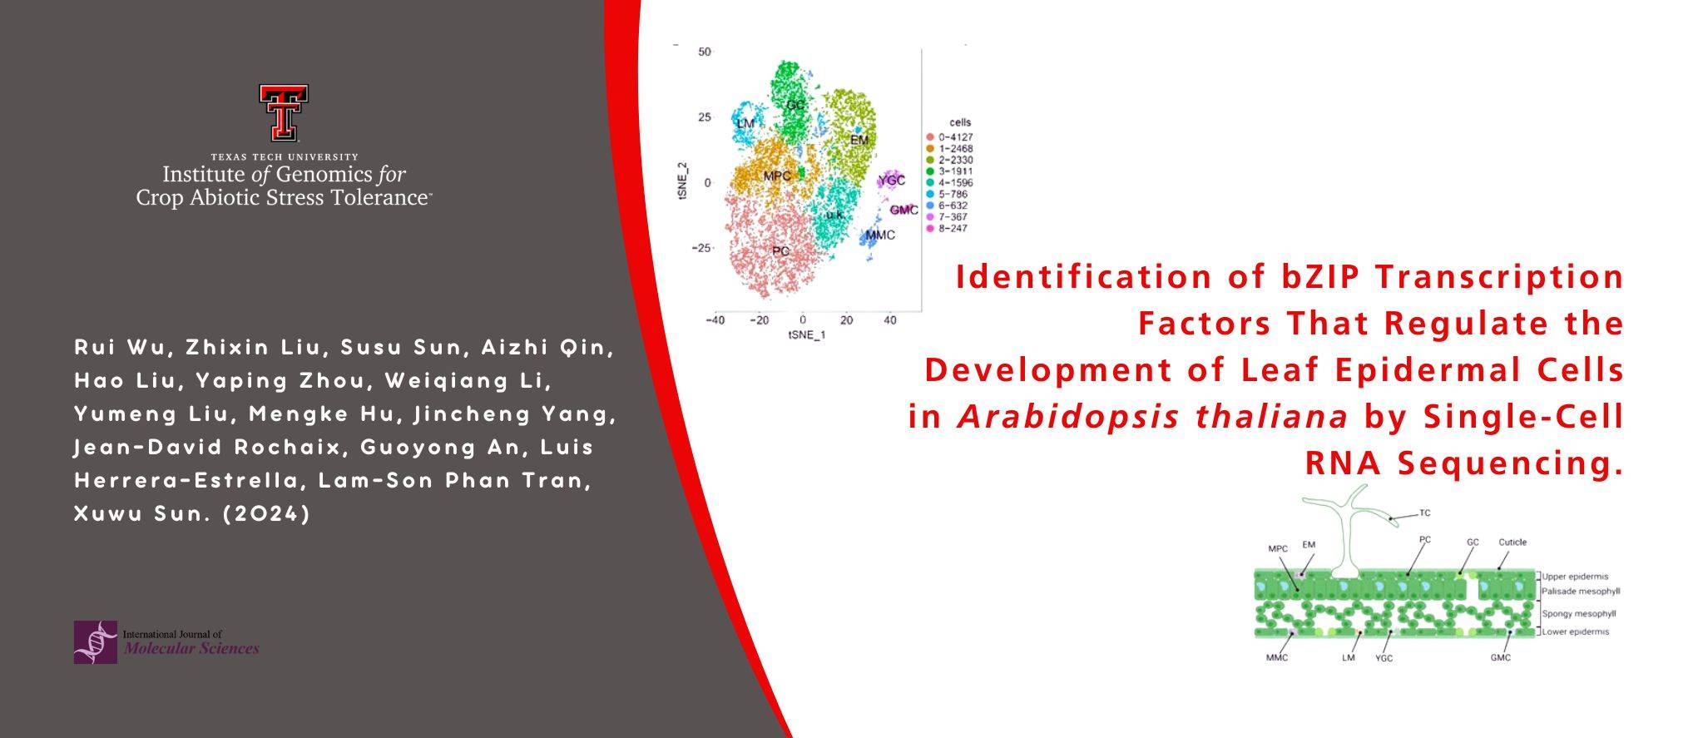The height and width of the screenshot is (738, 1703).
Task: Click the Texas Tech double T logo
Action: (284, 112)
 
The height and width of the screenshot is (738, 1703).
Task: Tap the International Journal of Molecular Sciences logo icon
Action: (95, 641)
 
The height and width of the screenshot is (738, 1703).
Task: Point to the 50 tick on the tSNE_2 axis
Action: (705, 52)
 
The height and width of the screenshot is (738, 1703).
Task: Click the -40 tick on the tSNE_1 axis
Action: (715, 320)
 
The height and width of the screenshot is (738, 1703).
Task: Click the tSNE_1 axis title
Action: (806, 335)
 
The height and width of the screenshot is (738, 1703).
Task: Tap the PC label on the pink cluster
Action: (780, 250)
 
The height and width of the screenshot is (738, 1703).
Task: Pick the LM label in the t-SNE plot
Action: (745, 123)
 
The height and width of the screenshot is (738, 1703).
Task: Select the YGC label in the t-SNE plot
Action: (891, 181)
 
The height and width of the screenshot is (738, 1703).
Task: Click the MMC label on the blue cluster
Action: (880, 235)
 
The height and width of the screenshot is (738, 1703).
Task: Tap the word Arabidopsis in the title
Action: (1068, 416)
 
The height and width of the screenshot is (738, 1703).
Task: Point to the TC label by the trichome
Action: (1424, 513)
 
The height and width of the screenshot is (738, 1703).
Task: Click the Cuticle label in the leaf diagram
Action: (1512, 542)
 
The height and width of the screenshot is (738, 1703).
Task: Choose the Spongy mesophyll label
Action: (1578, 614)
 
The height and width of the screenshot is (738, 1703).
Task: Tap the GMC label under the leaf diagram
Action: (1500, 657)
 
